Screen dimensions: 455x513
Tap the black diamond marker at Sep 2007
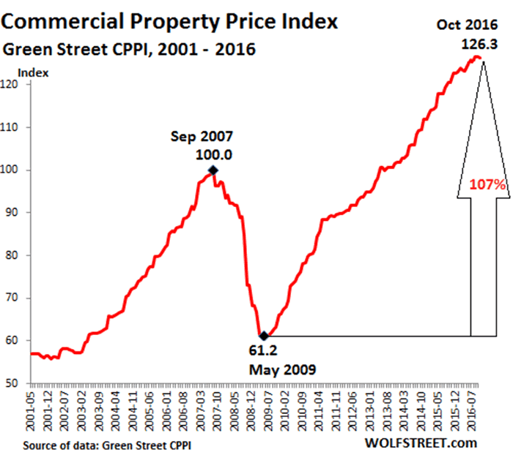tap(213, 170)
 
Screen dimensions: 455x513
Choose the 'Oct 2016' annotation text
tap(469, 26)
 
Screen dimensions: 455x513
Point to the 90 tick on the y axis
tap(18, 213)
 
